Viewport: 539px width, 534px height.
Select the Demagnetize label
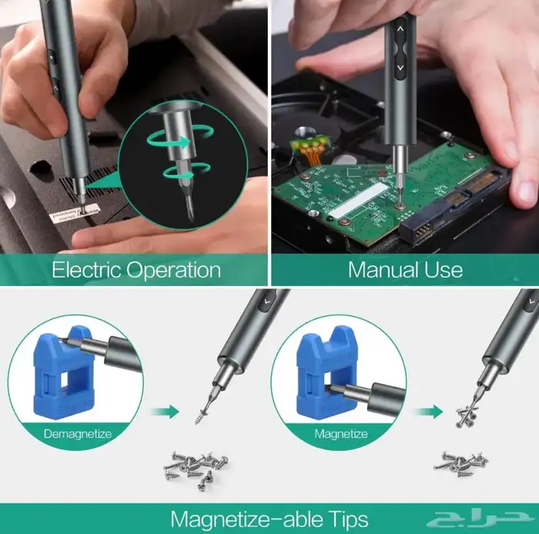[x=77, y=434]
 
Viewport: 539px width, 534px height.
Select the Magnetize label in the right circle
[x=340, y=434]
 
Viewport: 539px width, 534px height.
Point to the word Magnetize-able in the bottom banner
[x=238, y=519]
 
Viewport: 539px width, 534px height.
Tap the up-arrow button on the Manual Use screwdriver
[x=400, y=29]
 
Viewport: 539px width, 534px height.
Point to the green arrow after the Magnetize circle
[x=427, y=411]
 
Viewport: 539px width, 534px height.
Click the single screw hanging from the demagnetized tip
[x=201, y=409]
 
